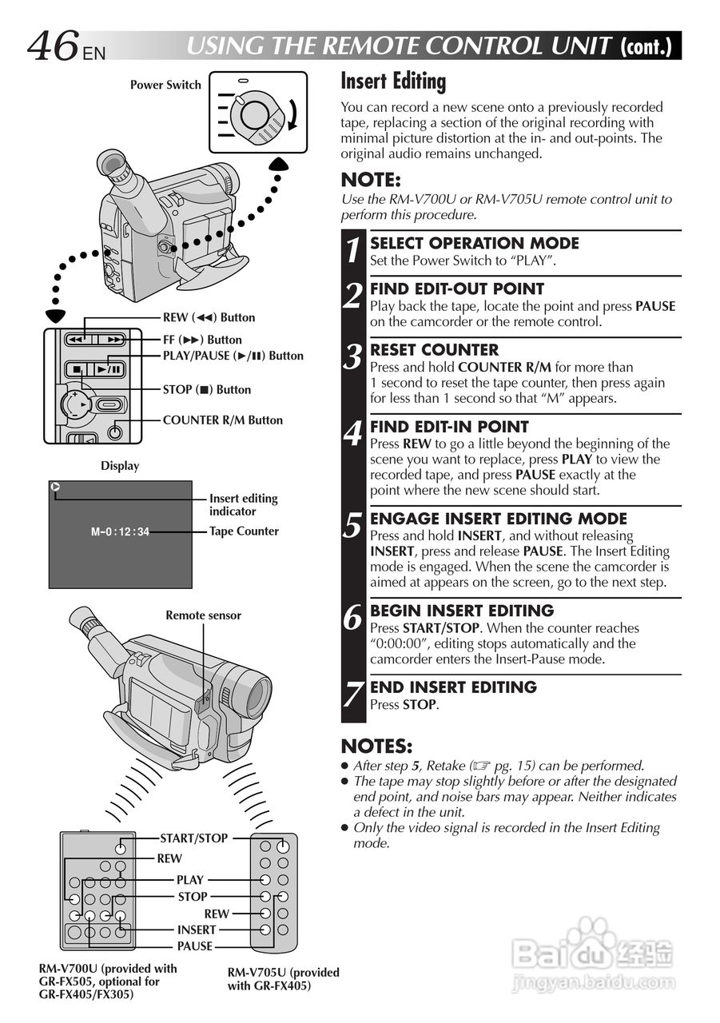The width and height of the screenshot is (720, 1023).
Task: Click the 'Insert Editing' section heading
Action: [x=393, y=82]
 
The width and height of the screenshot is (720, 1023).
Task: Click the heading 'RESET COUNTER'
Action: [x=434, y=350]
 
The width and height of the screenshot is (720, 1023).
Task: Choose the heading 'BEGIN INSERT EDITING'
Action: [x=461, y=611]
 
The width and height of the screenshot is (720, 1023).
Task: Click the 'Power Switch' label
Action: [x=165, y=85]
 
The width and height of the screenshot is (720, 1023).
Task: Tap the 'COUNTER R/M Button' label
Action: [x=222, y=420]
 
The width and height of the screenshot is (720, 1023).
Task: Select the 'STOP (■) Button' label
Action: [x=206, y=390]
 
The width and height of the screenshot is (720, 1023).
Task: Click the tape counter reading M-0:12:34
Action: [x=120, y=531]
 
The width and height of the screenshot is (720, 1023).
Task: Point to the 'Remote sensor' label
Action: [x=203, y=615]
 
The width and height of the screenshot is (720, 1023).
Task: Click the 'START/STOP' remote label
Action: [x=193, y=838]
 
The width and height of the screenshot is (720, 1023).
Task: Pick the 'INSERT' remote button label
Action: [x=196, y=929]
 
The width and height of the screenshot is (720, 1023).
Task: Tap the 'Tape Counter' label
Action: [x=244, y=531]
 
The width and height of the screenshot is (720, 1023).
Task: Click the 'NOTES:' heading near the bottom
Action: [x=375, y=746]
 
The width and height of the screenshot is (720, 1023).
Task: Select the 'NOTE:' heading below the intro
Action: [x=370, y=180]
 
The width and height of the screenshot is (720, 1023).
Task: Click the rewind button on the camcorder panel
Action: [x=75, y=340]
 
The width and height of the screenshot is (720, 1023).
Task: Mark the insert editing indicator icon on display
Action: [x=54, y=488]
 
